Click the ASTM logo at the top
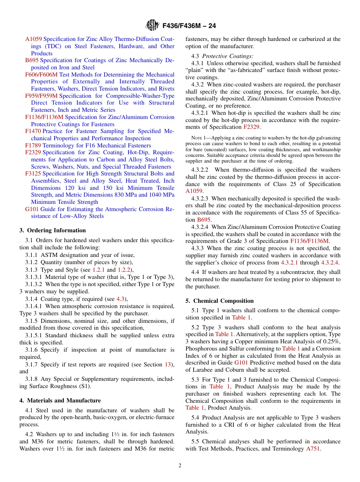coord(152,26)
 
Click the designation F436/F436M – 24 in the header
coord(189,26)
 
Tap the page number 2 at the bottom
coord(180,466)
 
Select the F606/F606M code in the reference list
coord(42,75)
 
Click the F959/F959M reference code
coord(42,96)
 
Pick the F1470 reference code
coord(33,131)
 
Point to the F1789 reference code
coord(33,146)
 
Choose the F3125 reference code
coord(33,174)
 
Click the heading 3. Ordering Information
coord(53,230)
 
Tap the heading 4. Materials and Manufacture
coord(60,401)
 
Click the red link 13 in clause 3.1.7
coord(167,365)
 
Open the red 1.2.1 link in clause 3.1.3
coord(100,270)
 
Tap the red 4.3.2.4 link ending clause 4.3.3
coord(330,263)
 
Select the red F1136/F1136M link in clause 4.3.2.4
coord(310,241)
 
